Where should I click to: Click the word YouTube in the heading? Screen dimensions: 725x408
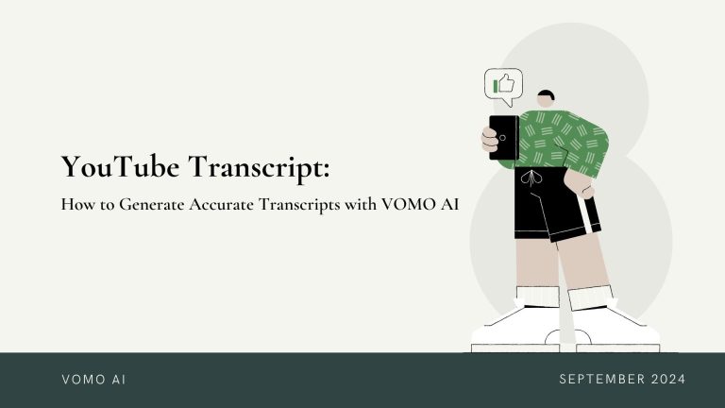[x=120, y=166]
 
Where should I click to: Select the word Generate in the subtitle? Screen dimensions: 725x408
[x=152, y=204]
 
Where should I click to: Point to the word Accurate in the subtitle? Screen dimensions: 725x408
[x=221, y=204]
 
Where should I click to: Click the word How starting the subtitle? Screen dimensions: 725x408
[x=77, y=204]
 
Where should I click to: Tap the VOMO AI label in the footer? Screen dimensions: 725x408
[x=93, y=380]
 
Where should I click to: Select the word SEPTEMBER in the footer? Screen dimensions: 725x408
[x=602, y=380]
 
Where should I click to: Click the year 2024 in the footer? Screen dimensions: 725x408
[x=668, y=380]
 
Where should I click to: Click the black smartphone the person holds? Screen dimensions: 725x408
[x=503, y=137]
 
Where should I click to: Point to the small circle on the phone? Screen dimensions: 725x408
[x=502, y=138]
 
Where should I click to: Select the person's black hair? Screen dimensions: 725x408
[x=547, y=94]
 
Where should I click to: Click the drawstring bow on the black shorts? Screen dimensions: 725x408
[x=531, y=178]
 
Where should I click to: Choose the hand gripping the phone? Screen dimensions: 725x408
[x=490, y=141]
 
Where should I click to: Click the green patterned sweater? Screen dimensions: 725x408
[x=562, y=140]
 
